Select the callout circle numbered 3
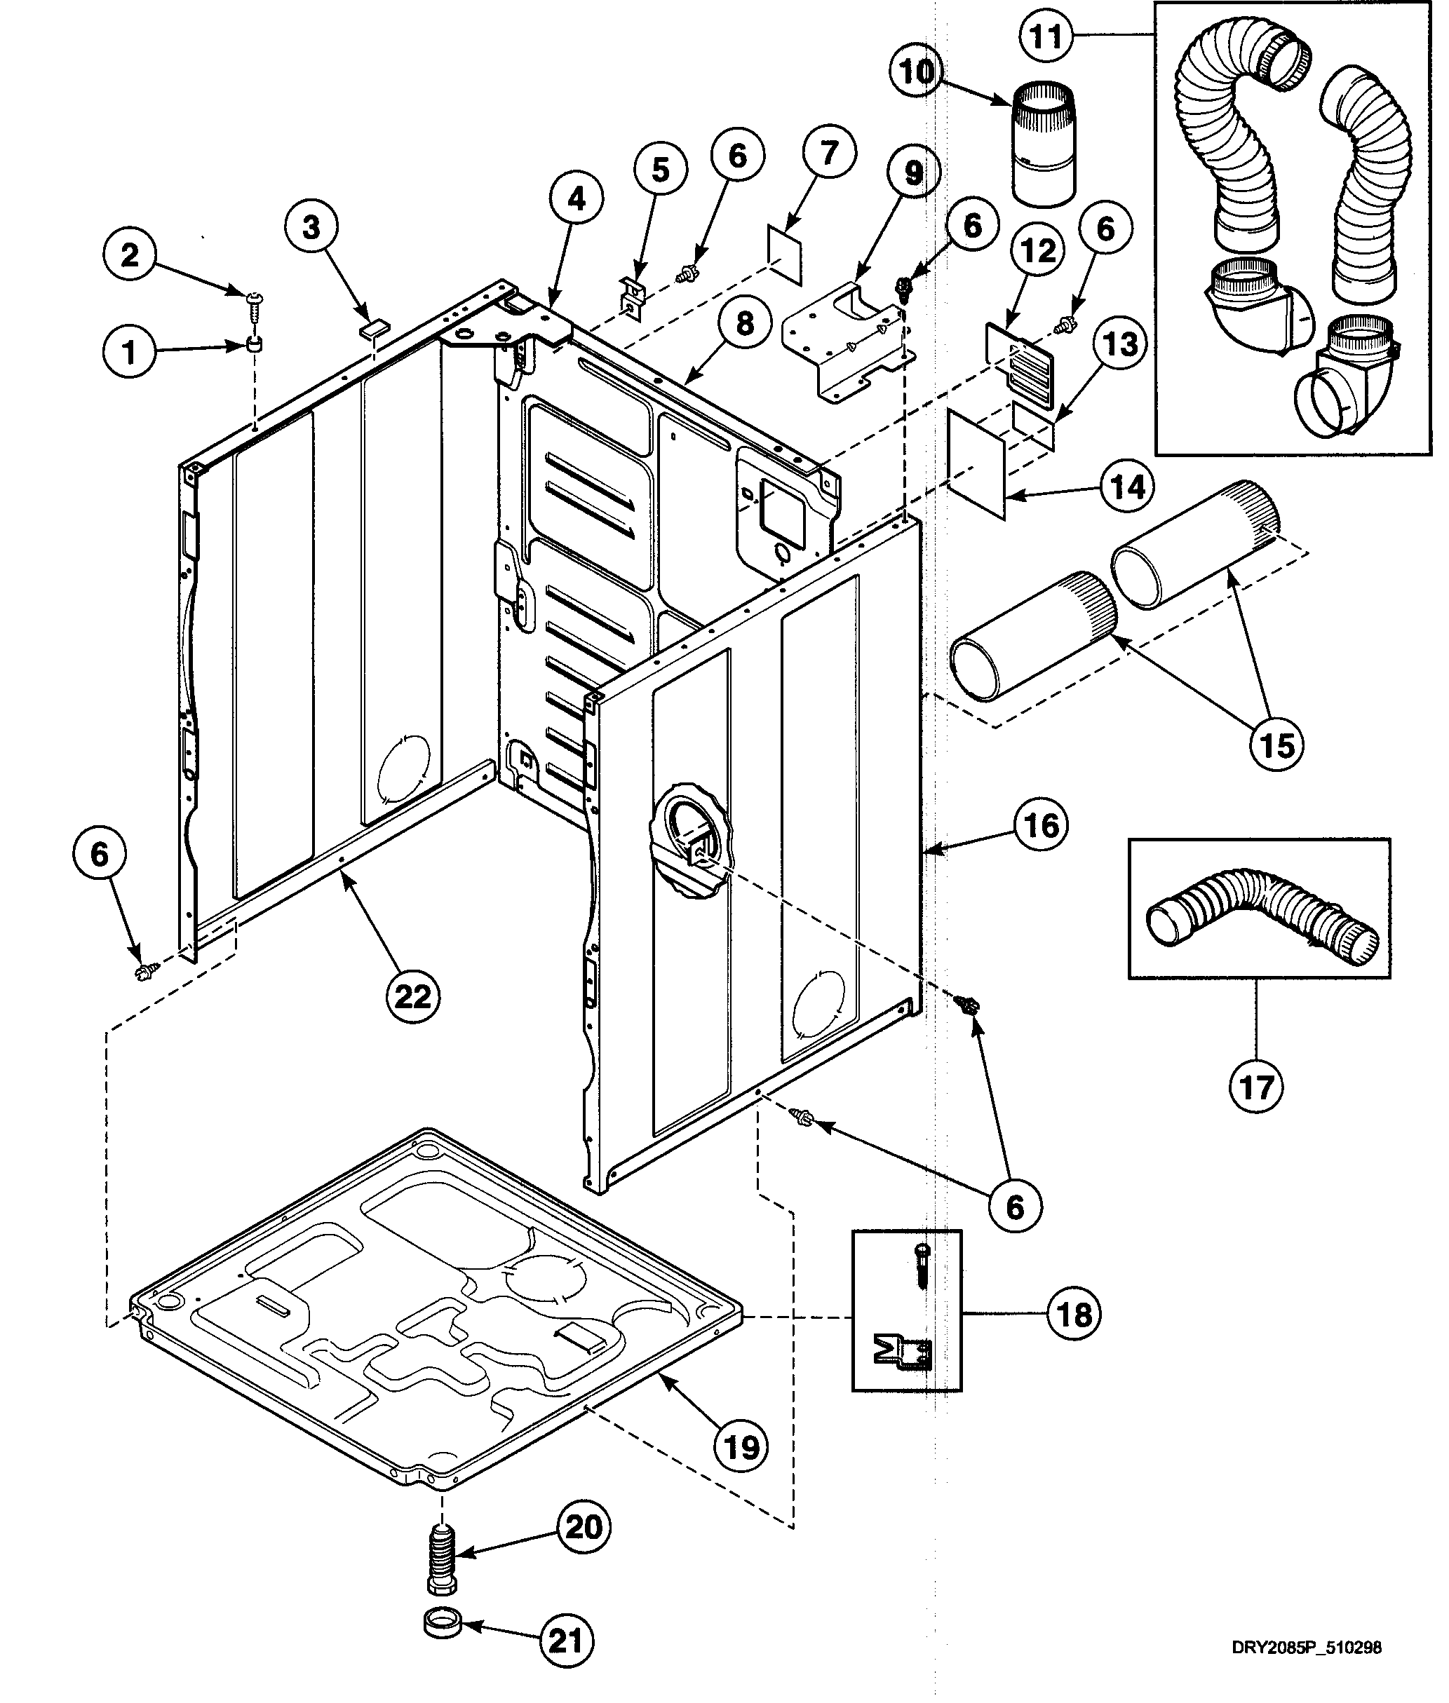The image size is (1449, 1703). pos(311,227)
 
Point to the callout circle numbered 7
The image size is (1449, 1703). pos(829,152)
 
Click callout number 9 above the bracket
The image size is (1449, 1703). pos(913,173)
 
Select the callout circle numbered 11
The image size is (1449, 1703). pos(1046,37)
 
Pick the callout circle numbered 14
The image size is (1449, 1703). pos(1127,488)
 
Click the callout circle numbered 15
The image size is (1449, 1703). pos(1276,745)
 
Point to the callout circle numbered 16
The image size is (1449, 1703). pos(1042,825)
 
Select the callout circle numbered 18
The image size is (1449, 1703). pos(1074,1315)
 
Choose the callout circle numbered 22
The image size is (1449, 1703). pos(412,996)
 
